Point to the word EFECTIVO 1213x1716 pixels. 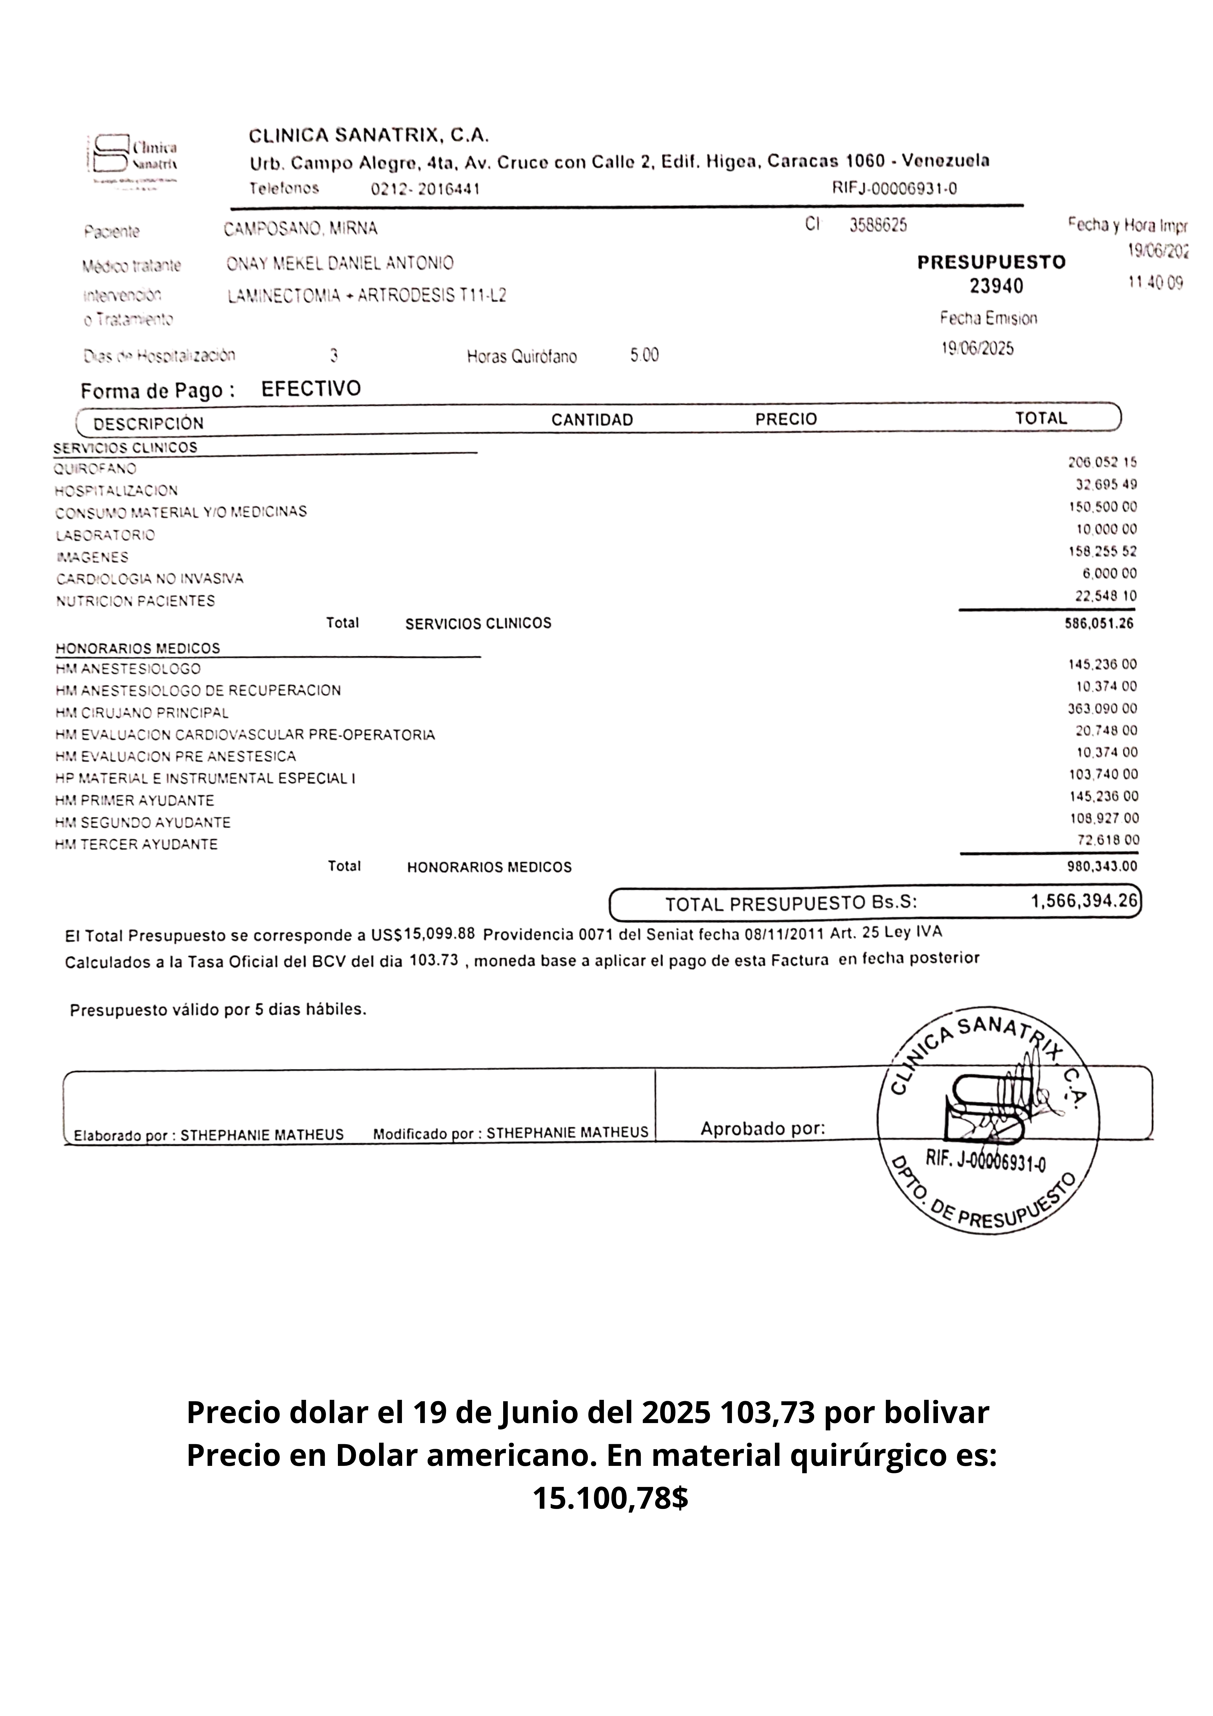click(x=311, y=389)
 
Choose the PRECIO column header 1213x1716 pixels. click(x=786, y=419)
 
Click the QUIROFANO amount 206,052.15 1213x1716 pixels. click(x=1102, y=463)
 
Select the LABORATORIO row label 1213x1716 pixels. click(x=105, y=535)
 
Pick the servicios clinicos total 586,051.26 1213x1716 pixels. click(x=1099, y=623)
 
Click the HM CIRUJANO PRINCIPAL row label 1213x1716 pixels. click(x=142, y=713)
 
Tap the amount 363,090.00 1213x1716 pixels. click(x=1102, y=709)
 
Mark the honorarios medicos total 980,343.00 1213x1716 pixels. click(x=1102, y=866)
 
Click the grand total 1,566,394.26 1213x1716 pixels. click(x=1084, y=901)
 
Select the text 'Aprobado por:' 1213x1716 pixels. click(x=762, y=1128)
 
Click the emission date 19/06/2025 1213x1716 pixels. click(x=977, y=349)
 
